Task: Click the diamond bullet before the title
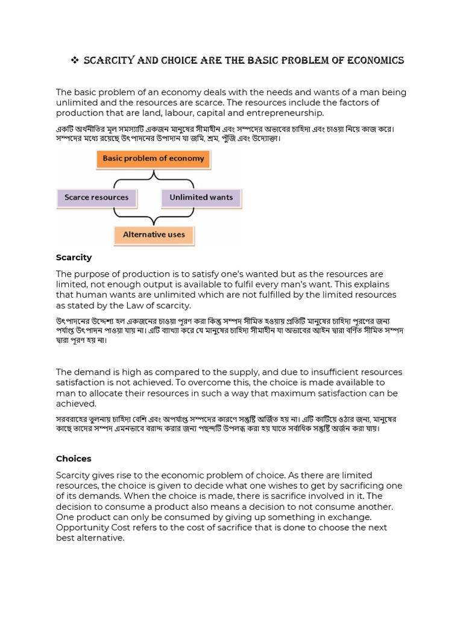(75, 61)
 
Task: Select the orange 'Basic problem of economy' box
(153, 159)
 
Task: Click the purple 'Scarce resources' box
(96, 198)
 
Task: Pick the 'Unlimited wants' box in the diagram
(201, 198)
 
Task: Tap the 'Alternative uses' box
(154, 234)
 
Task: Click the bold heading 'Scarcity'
(74, 257)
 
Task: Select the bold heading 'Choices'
(74, 459)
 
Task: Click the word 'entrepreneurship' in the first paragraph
(287, 113)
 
